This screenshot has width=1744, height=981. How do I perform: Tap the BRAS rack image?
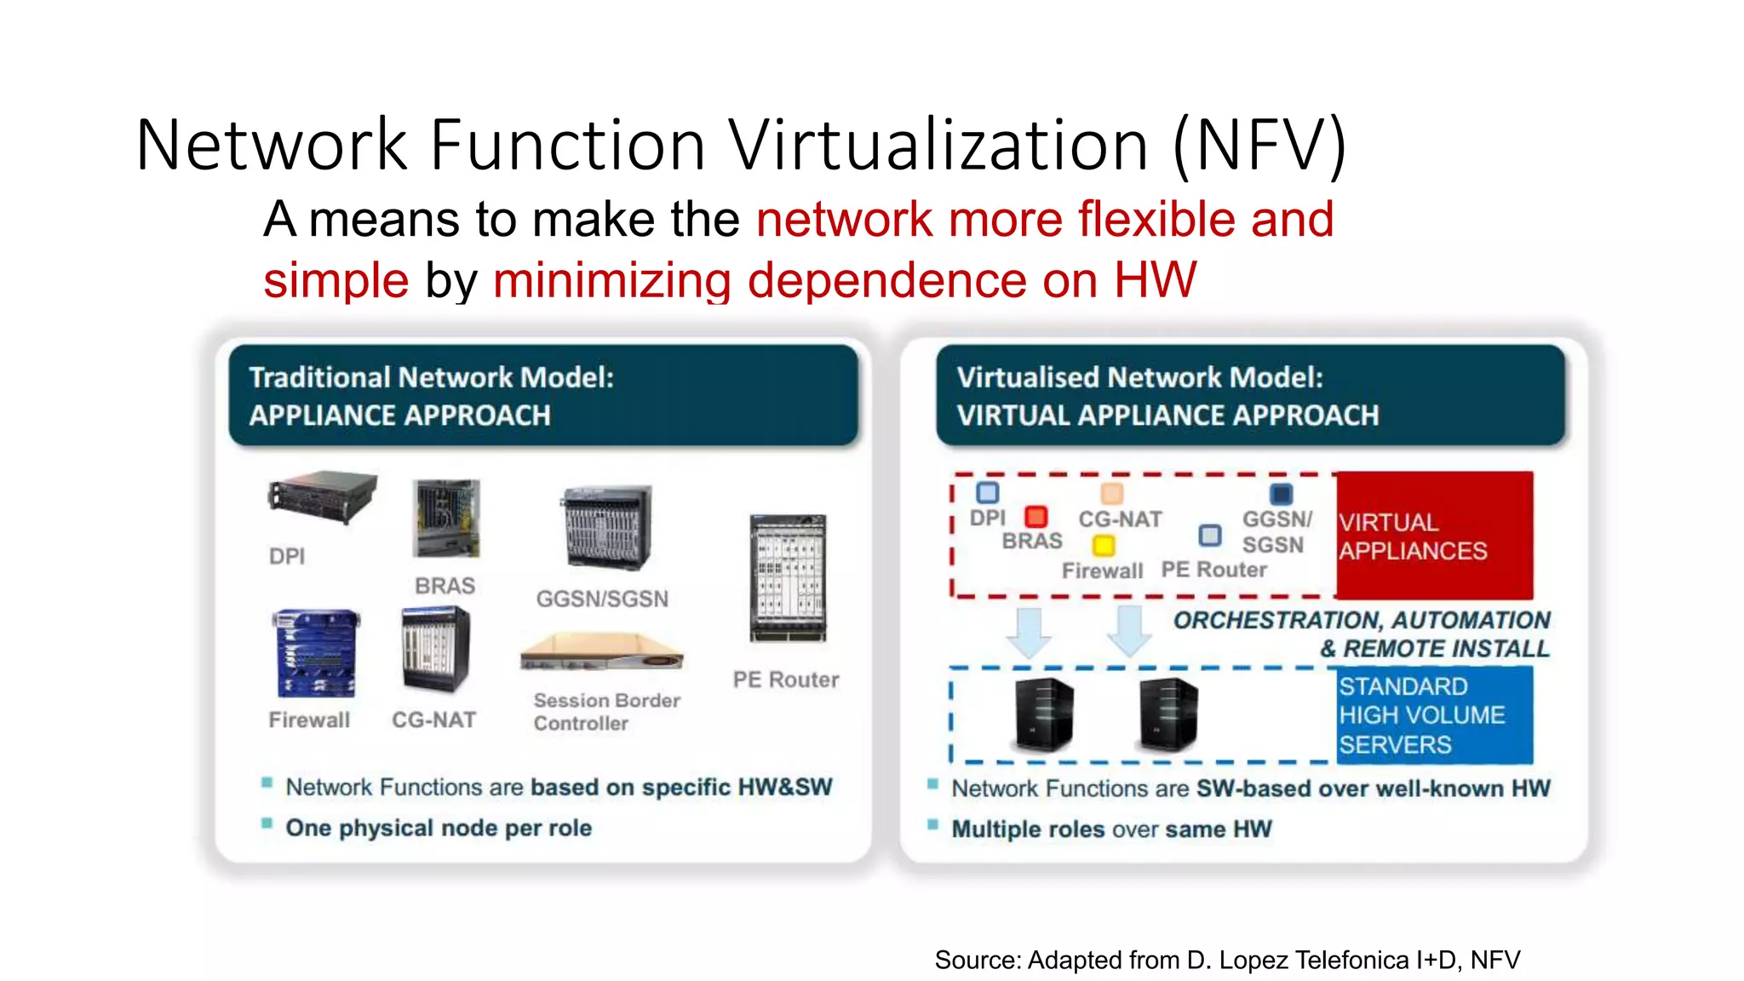(446, 518)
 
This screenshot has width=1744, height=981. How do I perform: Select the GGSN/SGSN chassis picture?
(605, 527)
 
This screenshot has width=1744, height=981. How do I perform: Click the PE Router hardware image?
(788, 578)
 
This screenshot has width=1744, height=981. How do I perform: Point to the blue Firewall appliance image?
(314, 653)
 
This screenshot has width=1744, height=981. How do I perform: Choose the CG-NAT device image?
(435, 649)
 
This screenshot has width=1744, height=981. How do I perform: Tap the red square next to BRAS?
(1035, 517)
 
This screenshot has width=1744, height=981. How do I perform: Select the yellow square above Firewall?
(1104, 545)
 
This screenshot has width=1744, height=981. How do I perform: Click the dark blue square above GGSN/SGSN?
(1281, 494)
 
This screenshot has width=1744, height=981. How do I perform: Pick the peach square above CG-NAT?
(1112, 494)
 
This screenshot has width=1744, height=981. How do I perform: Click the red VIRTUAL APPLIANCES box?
(1434, 536)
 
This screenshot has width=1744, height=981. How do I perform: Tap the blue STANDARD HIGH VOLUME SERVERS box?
(1434, 715)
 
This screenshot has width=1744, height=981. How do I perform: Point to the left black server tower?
(1044, 714)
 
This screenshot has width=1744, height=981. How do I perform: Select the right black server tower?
(1168, 714)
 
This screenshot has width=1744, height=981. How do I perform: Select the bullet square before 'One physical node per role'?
(267, 823)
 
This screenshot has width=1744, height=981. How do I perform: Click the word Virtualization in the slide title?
(938, 145)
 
